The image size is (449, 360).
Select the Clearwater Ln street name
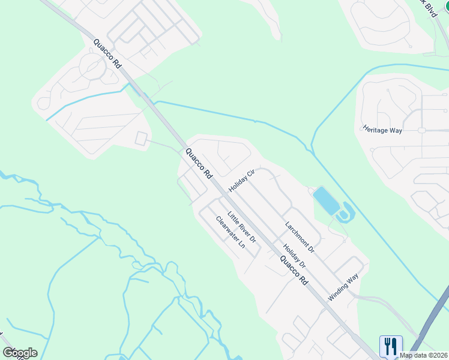coord(231,232)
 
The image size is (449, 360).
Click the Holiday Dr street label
coord(294,256)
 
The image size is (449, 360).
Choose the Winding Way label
coord(343,287)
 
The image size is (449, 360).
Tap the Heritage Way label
coord(382,129)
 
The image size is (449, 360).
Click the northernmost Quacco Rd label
coord(107,54)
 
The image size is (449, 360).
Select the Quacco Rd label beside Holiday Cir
coord(199,163)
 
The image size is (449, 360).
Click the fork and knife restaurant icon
coord(390,345)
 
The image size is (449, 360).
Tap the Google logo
coord(20,353)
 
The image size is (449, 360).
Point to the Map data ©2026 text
coord(423,355)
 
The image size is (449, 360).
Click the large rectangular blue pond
coord(325,201)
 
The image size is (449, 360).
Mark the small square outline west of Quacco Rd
coord(141,139)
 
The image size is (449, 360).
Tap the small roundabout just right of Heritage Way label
coord(422,130)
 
